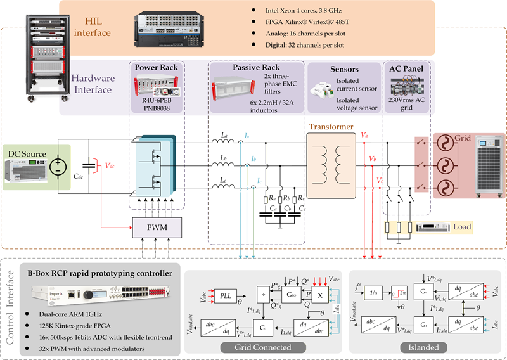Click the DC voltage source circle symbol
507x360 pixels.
click(x=58, y=167)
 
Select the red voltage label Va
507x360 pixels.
click(x=364, y=135)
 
